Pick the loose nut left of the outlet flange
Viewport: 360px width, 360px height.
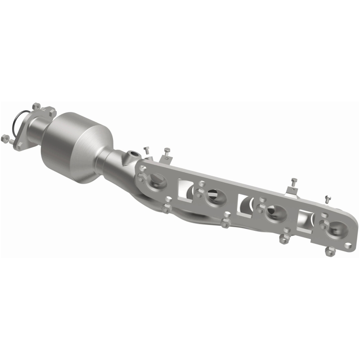coord(6,138)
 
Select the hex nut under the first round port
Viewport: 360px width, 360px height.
coord(166,208)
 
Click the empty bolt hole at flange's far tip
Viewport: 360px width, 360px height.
coord(349,245)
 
